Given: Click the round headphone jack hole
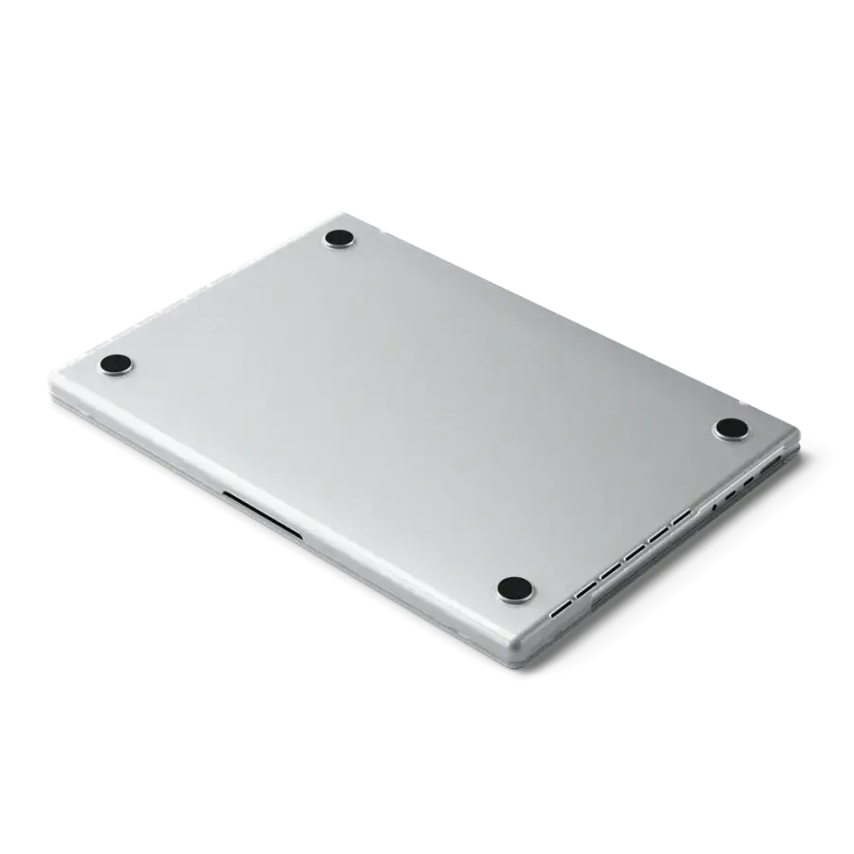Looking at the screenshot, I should coord(714,508).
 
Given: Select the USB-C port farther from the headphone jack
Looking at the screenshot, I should coord(751,482).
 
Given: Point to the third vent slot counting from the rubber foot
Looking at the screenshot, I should coord(607,567).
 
